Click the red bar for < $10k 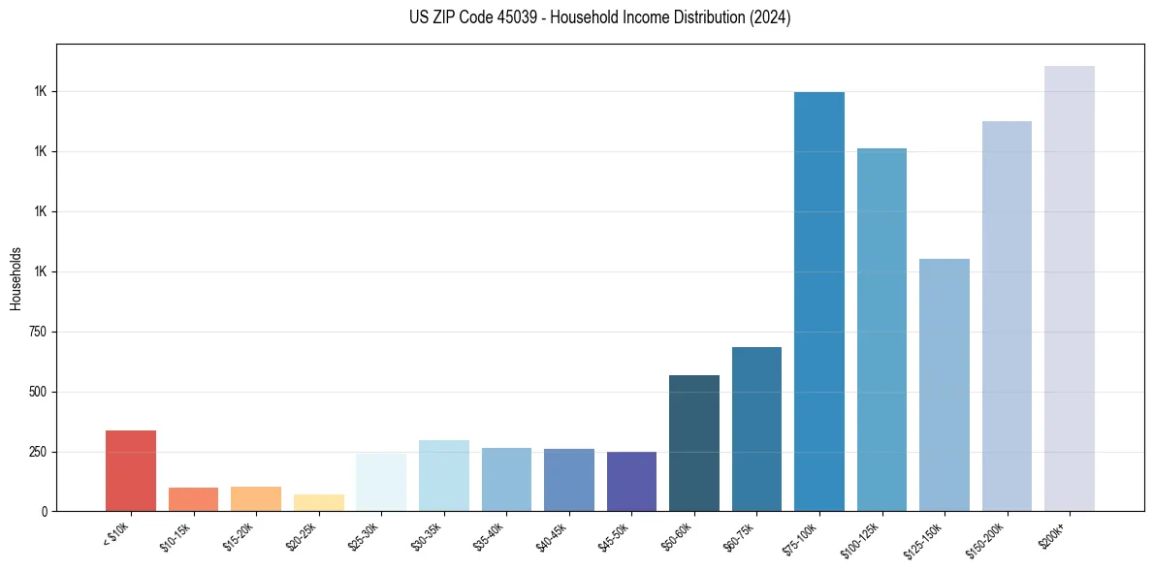131,470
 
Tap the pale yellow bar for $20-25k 318,502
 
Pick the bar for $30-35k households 443,475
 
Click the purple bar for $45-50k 631,481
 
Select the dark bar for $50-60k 694,443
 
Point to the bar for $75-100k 819,302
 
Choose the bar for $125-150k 945,385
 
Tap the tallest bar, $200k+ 1070,288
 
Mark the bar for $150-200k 1007,316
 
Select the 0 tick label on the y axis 45,512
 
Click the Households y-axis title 16,278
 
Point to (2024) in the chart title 770,17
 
